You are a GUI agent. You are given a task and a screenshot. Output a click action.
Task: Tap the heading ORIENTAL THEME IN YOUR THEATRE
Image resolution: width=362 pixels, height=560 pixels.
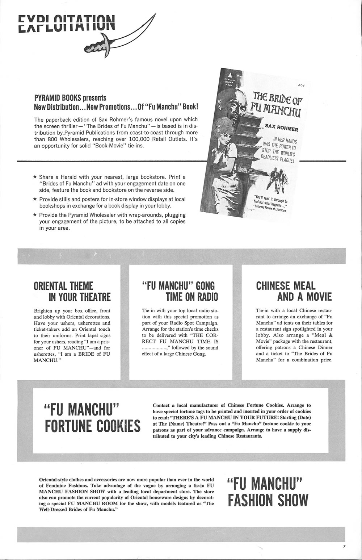point(72,291)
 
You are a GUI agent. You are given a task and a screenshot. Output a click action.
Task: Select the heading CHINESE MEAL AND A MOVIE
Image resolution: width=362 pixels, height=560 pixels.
point(293,291)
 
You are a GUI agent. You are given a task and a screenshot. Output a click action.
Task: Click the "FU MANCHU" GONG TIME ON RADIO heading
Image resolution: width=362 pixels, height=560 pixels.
point(180,291)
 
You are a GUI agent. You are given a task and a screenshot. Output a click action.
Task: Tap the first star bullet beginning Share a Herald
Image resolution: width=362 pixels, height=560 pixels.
point(35,177)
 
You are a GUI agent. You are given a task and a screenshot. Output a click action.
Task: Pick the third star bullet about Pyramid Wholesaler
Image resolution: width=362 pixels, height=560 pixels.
point(35,215)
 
